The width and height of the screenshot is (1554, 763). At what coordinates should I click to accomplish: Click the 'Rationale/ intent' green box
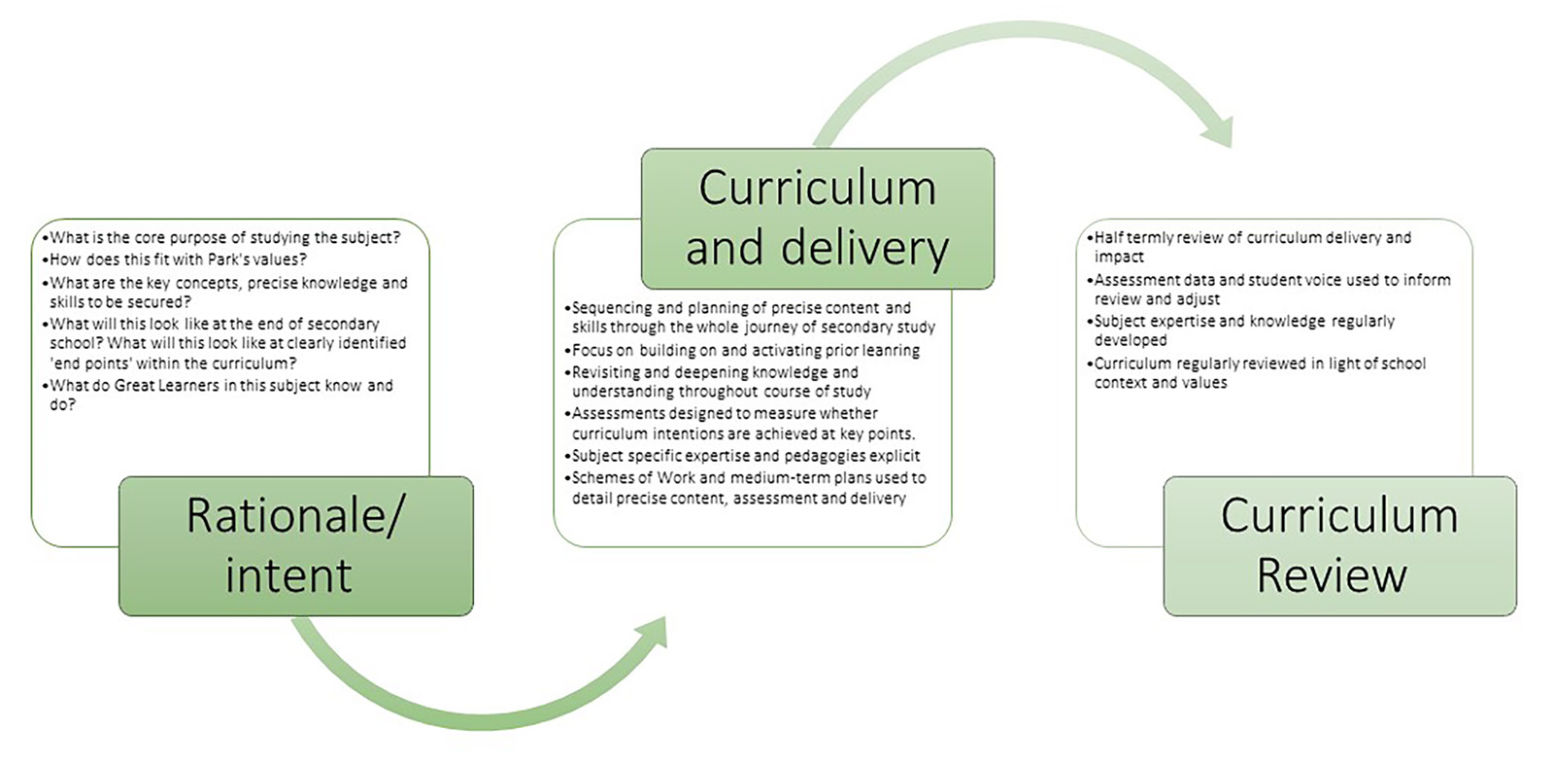(295, 545)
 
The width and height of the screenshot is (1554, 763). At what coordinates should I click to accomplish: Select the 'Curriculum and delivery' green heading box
(817, 218)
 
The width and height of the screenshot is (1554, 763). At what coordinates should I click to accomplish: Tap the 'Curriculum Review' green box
(1339, 545)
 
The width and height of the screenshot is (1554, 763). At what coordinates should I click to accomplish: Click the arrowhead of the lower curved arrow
(653, 634)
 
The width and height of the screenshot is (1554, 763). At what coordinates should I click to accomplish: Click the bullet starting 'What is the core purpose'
(224, 237)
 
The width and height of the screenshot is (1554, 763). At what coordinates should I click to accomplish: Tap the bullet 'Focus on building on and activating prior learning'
(745, 350)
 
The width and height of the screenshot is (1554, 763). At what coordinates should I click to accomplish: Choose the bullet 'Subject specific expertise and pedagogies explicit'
(745, 455)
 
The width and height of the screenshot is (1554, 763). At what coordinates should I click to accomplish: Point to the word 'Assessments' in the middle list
(618, 413)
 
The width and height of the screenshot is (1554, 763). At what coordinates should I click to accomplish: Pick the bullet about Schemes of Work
(748, 487)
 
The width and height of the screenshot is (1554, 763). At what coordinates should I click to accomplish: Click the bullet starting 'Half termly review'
(1252, 246)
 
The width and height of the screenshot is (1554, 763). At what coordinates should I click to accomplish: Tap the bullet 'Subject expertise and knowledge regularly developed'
(1243, 330)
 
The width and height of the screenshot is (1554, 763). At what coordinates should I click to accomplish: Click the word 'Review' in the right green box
(1332, 575)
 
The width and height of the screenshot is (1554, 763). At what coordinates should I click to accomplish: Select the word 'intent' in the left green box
(288, 575)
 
